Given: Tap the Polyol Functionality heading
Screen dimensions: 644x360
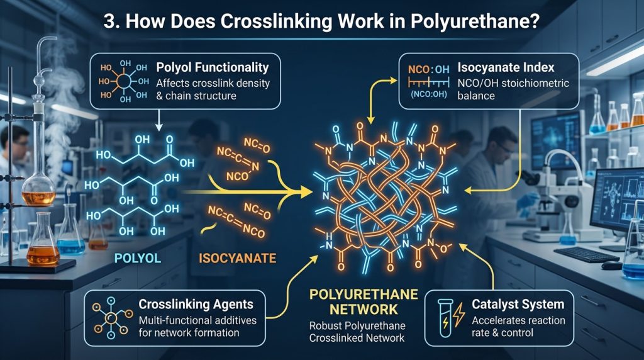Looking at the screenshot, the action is (x=213, y=67).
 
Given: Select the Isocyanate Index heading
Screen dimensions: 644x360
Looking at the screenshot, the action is (x=506, y=67).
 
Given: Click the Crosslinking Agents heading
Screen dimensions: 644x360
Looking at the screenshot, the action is (x=196, y=304).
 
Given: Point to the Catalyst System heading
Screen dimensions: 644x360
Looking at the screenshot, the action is (x=518, y=304).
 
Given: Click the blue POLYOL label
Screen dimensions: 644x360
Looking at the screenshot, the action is (x=138, y=258).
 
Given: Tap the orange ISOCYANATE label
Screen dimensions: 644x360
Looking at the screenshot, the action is (x=237, y=258).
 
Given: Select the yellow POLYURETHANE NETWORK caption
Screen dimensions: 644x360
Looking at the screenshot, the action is (x=364, y=301).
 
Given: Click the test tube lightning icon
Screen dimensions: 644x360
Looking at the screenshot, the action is (x=450, y=318).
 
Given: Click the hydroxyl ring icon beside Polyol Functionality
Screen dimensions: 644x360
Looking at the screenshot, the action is (x=123, y=81).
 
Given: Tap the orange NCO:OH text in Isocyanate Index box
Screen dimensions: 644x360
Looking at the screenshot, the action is (x=428, y=69).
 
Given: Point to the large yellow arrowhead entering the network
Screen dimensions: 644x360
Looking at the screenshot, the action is (x=304, y=191).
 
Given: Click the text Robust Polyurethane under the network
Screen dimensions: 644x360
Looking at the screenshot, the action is (x=357, y=326).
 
